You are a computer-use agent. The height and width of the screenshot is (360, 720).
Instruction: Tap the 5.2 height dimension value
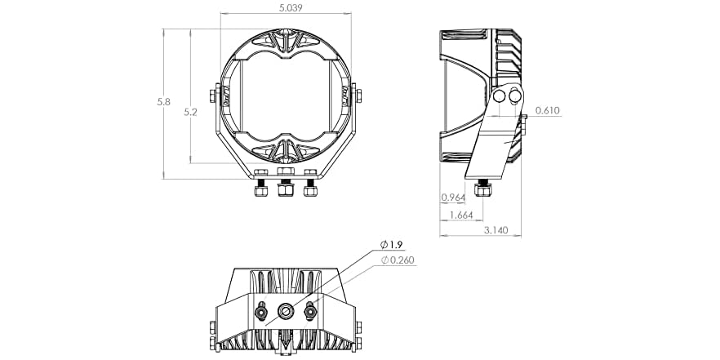(190, 112)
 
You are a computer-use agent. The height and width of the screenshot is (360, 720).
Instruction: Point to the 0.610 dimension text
(548, 111)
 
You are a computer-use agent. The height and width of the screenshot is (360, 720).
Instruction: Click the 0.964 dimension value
(453, 198)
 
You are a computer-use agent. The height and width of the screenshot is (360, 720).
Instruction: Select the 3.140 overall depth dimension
(496, 230)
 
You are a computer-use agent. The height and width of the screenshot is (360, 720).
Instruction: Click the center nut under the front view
(286, 190)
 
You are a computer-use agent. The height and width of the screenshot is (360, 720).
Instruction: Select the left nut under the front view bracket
(261, 190)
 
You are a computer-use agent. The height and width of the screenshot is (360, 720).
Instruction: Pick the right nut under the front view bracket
(310, 190)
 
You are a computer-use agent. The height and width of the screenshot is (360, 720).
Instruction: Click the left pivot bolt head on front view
(213, 96)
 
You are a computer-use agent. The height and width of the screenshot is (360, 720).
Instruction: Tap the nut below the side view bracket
(482, 189)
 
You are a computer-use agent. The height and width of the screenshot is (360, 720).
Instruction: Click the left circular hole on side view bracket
(500, 97)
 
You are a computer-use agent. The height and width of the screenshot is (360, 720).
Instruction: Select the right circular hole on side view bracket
(515, 97)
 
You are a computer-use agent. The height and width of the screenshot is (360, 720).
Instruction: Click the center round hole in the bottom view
(286, 311)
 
